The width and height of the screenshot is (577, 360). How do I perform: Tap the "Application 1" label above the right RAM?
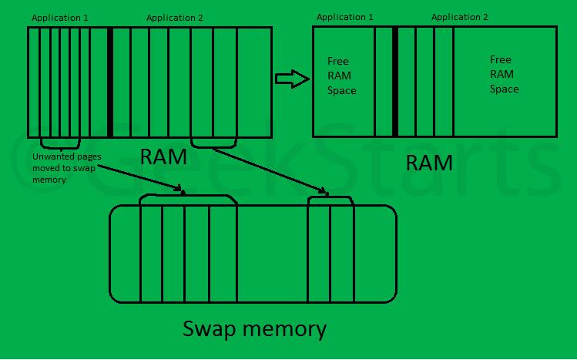pos(345,17)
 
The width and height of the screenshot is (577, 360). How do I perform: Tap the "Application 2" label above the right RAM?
pos(459,17)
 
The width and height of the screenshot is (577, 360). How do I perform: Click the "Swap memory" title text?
pos(254,329)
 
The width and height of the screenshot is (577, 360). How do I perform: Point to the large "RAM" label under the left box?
pos(163,157)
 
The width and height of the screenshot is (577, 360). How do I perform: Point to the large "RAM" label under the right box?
pos(429,163)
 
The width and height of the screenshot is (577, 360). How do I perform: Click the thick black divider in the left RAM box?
pos(110,82)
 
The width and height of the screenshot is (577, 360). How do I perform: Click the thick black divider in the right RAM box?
pos(395,82)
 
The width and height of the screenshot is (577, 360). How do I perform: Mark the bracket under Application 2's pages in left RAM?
pos(213,144)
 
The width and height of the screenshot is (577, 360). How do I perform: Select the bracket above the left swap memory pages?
pos(188,197)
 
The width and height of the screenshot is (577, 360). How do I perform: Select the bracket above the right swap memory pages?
pos(330,199)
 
